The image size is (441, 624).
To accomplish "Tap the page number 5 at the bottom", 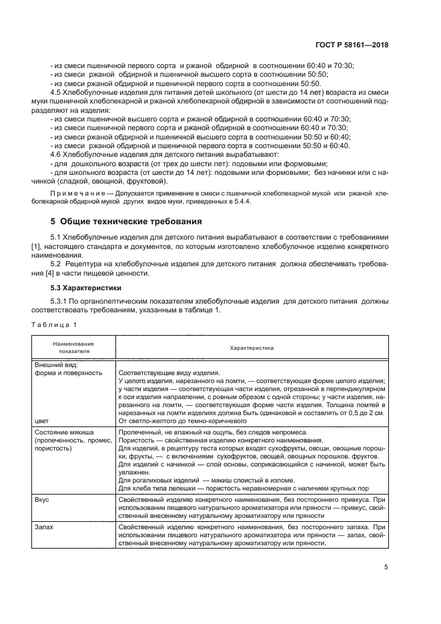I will (x=386, y=567).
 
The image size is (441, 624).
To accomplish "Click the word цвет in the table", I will (x=41, y=421).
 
